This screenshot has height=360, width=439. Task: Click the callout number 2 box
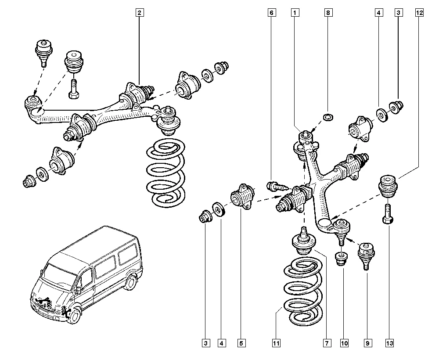[139, 13]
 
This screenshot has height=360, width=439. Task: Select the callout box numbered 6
[271, 13]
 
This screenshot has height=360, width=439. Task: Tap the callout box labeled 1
[296, 13]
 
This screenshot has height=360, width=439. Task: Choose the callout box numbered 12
[419, 13]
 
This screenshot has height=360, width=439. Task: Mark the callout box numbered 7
[327, 342]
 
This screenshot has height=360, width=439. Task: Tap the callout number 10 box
[344, 342]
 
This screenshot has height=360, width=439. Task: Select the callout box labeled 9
[366, 342]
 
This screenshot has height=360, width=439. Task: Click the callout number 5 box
[241, 342]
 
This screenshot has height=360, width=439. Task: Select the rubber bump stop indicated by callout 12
[388, 186]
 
